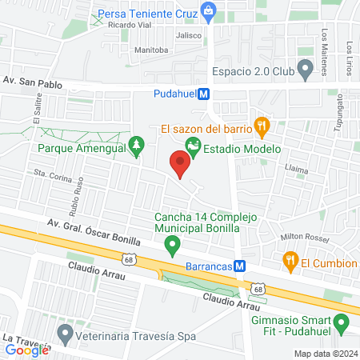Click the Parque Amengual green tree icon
coord(137,144)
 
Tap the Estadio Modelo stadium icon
coord(192,145)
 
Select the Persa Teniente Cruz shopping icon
coord(209,11)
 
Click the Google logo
coord(27,350)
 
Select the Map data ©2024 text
coord(324,354)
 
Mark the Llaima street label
coord(298,169)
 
